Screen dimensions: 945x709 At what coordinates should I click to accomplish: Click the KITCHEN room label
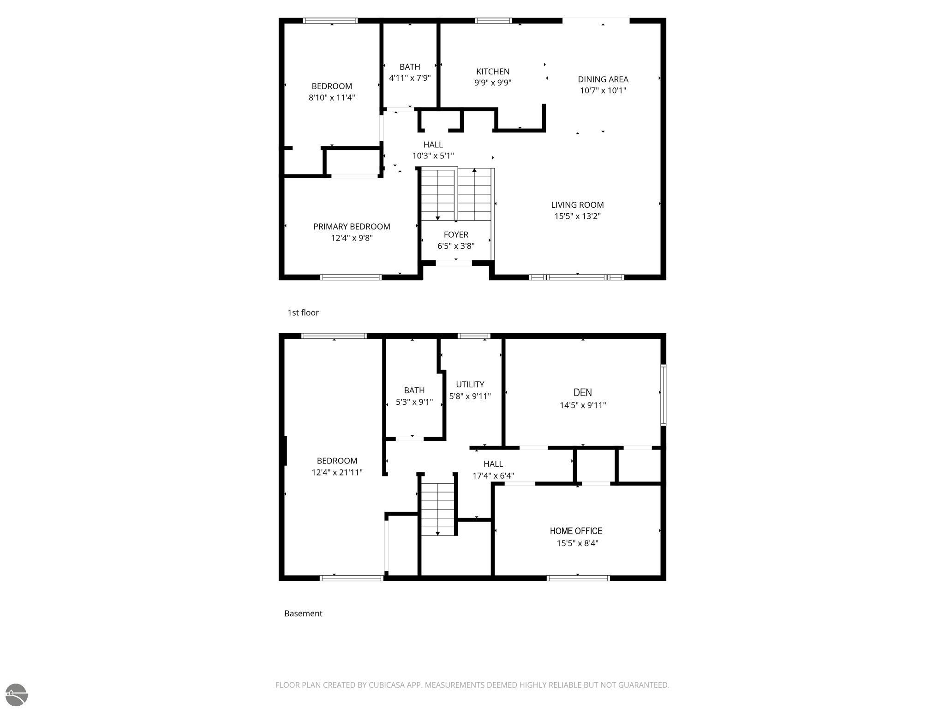coord(493,72)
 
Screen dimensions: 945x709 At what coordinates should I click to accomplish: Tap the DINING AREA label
coord(603,79)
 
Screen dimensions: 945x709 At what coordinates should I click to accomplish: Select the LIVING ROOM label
coord(577,205)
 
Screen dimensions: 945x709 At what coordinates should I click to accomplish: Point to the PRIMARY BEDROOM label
coord(352,227)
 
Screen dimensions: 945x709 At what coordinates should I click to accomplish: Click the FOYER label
coord(456,234)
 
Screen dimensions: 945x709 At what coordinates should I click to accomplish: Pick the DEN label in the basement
coord(582,392)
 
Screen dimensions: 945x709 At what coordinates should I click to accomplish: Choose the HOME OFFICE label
coord(576,531)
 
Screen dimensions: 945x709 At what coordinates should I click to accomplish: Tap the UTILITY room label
coord(470,385)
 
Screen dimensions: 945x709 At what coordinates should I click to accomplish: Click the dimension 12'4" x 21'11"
coord(337,472)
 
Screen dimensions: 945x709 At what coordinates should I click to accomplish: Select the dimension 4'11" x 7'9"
coord(410,78)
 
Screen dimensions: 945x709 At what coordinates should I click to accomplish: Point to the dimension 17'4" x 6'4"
coord(493,475)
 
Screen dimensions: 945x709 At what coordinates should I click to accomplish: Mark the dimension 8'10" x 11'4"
coord(332,97)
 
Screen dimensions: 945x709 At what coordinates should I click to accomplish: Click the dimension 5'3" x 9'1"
coord(414,402)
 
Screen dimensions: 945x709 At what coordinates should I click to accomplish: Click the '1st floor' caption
coord(303,312)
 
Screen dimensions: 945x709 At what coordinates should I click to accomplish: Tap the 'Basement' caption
coord(303,613)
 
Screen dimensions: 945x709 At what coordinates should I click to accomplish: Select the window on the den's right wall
coord(664,395)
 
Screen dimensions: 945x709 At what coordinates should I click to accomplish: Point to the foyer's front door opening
coord(454,263)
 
